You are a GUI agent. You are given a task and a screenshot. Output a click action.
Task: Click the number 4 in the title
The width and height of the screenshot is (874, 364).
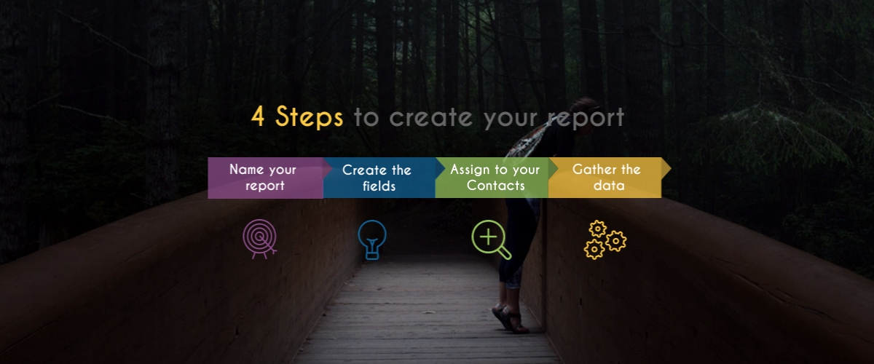tap(258, 116)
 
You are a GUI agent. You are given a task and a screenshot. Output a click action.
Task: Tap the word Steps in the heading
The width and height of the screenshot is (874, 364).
tap(309, 116)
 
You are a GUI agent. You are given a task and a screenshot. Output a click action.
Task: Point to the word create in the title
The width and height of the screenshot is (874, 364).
tap(430, 117)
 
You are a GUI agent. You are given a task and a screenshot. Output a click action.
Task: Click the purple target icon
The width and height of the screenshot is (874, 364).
tap(260, 239)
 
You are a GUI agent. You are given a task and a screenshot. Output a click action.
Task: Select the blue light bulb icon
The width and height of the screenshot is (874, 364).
tap(372, 240)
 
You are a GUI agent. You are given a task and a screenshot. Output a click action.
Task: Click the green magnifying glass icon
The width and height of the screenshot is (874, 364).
tap(491, 240)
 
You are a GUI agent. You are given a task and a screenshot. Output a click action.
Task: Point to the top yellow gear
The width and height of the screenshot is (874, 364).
tap(597, 229)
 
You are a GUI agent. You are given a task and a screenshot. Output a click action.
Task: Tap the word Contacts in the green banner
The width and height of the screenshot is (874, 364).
tap(495, 186)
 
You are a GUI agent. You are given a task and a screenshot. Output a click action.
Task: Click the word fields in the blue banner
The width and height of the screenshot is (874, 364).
tap(379, 186)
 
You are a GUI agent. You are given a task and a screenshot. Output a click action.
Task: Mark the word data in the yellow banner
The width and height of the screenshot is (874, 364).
tap(609, 185)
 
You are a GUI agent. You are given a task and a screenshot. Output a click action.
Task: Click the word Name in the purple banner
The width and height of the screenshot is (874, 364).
tap(247, 169)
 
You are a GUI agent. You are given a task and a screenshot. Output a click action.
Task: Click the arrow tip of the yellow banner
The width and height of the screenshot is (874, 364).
tap(671, 169)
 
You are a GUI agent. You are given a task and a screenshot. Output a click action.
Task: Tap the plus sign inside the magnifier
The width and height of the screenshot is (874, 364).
tap(488, 237)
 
